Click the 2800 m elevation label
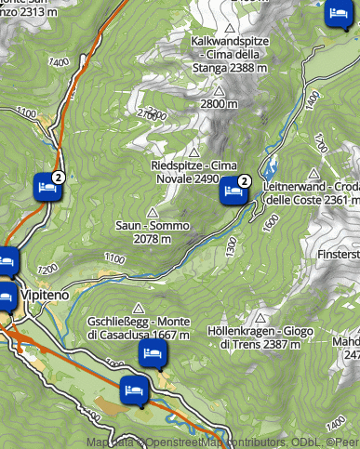[220, 105]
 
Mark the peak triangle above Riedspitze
[195, 152]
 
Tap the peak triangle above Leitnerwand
[314, 173]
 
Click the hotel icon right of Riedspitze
[233, 192]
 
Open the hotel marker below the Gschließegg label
[152, 353]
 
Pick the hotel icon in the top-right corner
[338, 14]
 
